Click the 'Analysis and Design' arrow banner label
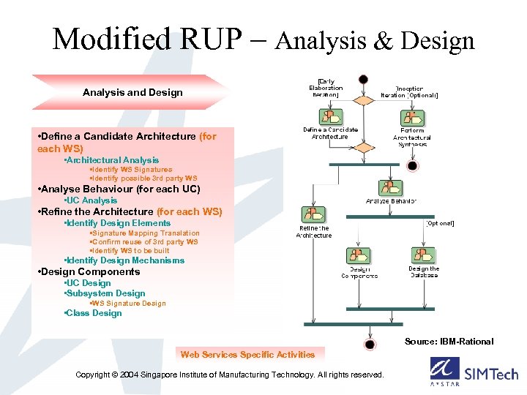[132, 93]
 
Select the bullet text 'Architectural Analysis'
[112, 160]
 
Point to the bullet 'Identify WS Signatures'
[131, 170]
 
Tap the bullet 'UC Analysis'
[91, 200]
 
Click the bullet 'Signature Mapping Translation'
[144, 233]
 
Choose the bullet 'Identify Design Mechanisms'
[124, 260]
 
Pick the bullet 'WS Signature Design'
[127, 304]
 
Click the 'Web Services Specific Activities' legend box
[247, 355]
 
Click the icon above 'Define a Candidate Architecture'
[331, 117]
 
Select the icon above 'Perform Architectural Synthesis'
[412, 118]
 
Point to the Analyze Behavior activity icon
[390, 188]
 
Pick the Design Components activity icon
[359, 256]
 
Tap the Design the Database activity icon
[423, 255]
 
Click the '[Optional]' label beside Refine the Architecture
[439, 223]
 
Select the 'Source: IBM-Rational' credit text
[449, 342]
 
